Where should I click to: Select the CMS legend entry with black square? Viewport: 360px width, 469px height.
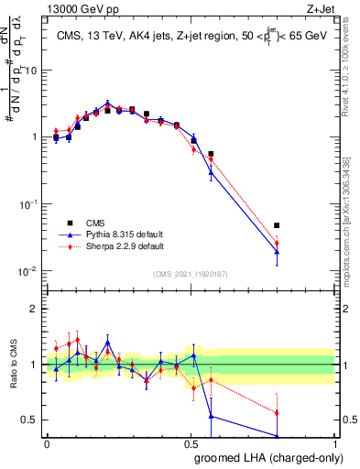(94, 223)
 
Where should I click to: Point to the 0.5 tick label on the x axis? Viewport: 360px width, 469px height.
(191, 443)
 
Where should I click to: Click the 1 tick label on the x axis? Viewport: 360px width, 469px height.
(334, 443)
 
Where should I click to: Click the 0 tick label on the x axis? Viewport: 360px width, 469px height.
(47, 443)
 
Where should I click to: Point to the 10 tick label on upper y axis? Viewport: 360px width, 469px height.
(31, 70)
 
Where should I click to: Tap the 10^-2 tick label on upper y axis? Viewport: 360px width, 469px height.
(29, 271)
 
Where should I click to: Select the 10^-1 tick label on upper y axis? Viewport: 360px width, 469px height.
(29, 203)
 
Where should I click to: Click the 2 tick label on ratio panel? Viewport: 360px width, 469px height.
(34, 309)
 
